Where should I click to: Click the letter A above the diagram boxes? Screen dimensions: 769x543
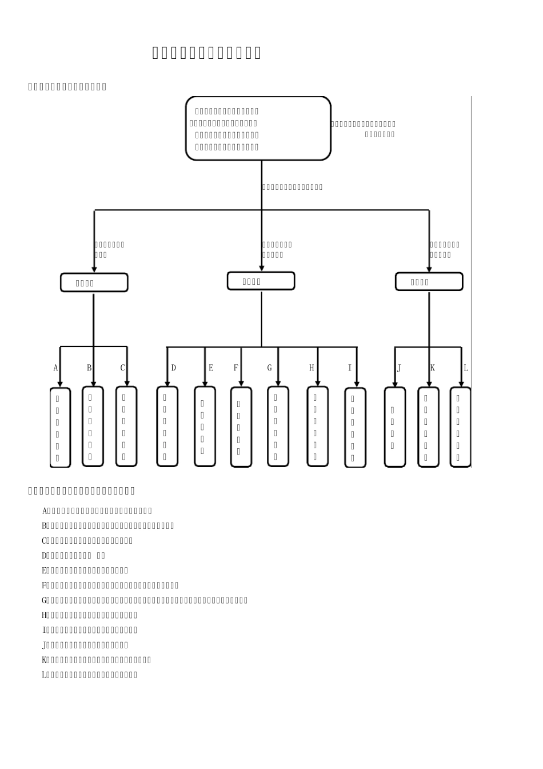56,368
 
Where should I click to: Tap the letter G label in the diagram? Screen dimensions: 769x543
270,368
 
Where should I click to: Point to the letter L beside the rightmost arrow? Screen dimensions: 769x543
466,368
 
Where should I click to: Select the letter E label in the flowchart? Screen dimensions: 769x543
211,368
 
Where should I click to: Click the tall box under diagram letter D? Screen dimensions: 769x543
167,427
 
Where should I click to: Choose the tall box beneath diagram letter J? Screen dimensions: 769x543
394,427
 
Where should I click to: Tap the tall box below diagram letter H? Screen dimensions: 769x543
317,427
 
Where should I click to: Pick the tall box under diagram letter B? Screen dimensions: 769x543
93,427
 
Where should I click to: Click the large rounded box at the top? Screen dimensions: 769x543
258,129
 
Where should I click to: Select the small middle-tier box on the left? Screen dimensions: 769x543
94,282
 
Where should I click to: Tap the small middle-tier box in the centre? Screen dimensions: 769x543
261,281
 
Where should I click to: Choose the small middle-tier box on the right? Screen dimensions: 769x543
429,281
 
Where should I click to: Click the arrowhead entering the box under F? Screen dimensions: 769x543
241,384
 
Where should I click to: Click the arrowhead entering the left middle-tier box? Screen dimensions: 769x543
94,269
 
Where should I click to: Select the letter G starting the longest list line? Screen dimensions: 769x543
45,600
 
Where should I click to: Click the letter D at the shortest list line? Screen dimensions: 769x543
45,556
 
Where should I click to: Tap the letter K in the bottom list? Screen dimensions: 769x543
45,660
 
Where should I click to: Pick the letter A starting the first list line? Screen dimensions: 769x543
45,511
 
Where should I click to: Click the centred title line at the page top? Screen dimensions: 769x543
206,53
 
